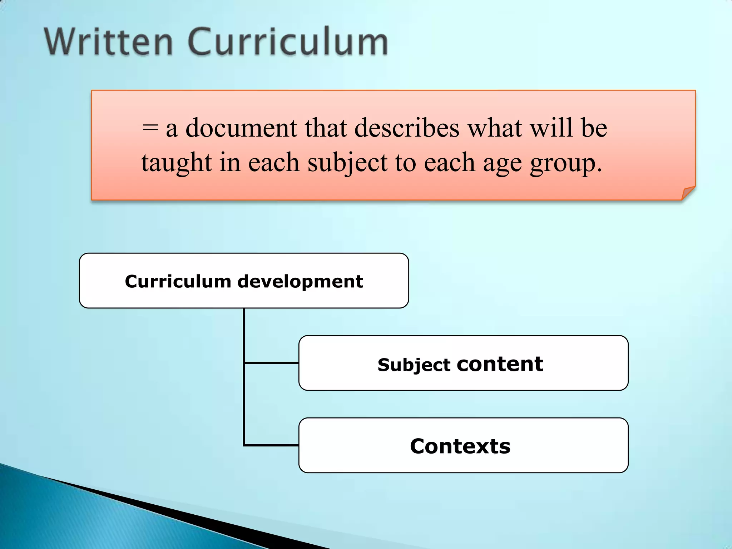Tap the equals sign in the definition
[x=149, y=128]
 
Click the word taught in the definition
[x=177, y=163]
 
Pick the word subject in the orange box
[x=347, y=163]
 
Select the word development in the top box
[x=300, y=281]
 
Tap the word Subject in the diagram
[x=414, y=365]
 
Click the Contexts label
[x=460, y=446]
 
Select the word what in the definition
[x=495, y=128]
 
